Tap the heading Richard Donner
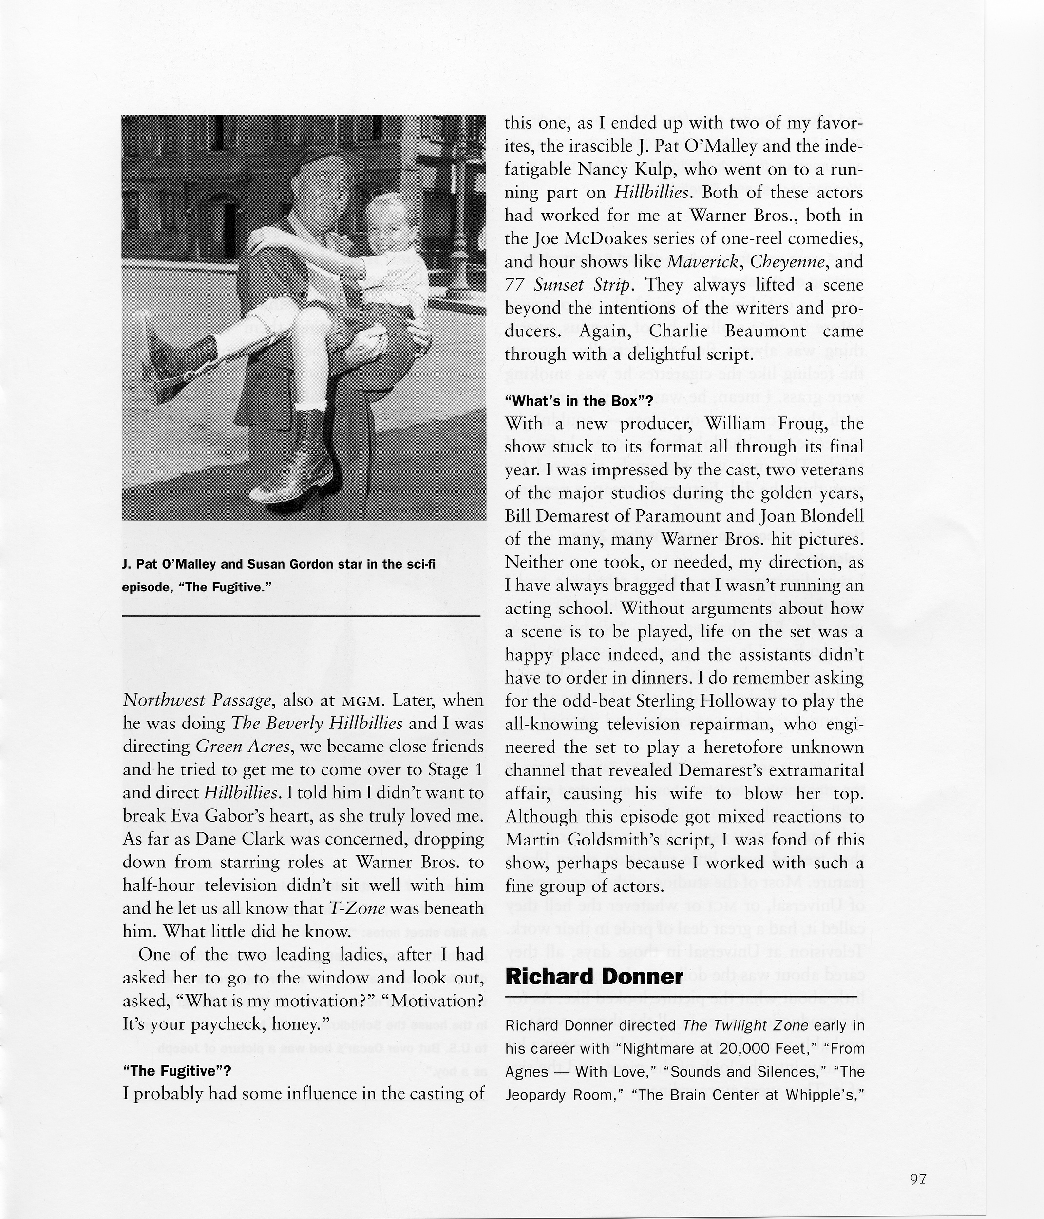click(594, 977)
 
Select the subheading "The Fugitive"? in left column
click(177, 1071)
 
